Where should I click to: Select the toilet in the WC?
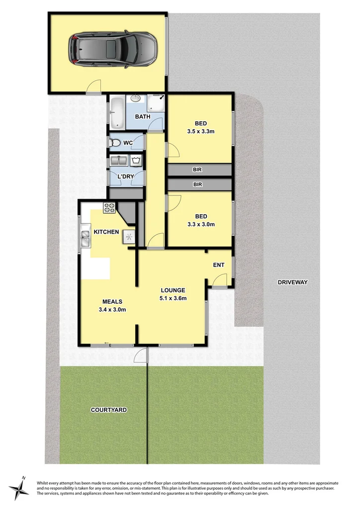[116, 143]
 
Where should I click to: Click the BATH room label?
[143, 117]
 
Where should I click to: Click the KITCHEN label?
[106, 232]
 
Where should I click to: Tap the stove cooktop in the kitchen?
[109, 207]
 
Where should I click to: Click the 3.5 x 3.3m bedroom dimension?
[200, 132]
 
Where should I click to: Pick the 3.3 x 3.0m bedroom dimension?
[201, 224]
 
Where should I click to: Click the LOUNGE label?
[173, 290]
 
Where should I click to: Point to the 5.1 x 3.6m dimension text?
[173, 298]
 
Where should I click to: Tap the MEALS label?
[112, 301]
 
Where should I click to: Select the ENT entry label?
[219, 265]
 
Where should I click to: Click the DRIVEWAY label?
[293, 282]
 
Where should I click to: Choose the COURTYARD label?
[108, 410]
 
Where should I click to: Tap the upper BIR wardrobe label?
[197, 170]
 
